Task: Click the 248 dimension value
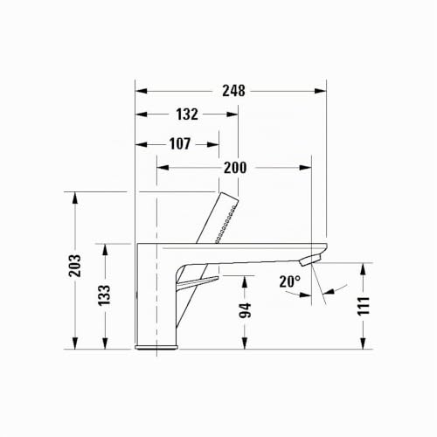[x=233, y=91]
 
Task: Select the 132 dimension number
[x=187, y=114]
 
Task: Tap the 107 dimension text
[x=180, y=144]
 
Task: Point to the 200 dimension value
[x=235, y=168]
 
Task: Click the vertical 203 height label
[x=74, y=266]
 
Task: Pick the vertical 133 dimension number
[x=104, y=295]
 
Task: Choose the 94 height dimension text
[x=245, y=310]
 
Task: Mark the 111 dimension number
[x=364, y=306]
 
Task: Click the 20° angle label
[x=289, y=281]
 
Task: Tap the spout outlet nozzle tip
[x=310, y=260]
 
